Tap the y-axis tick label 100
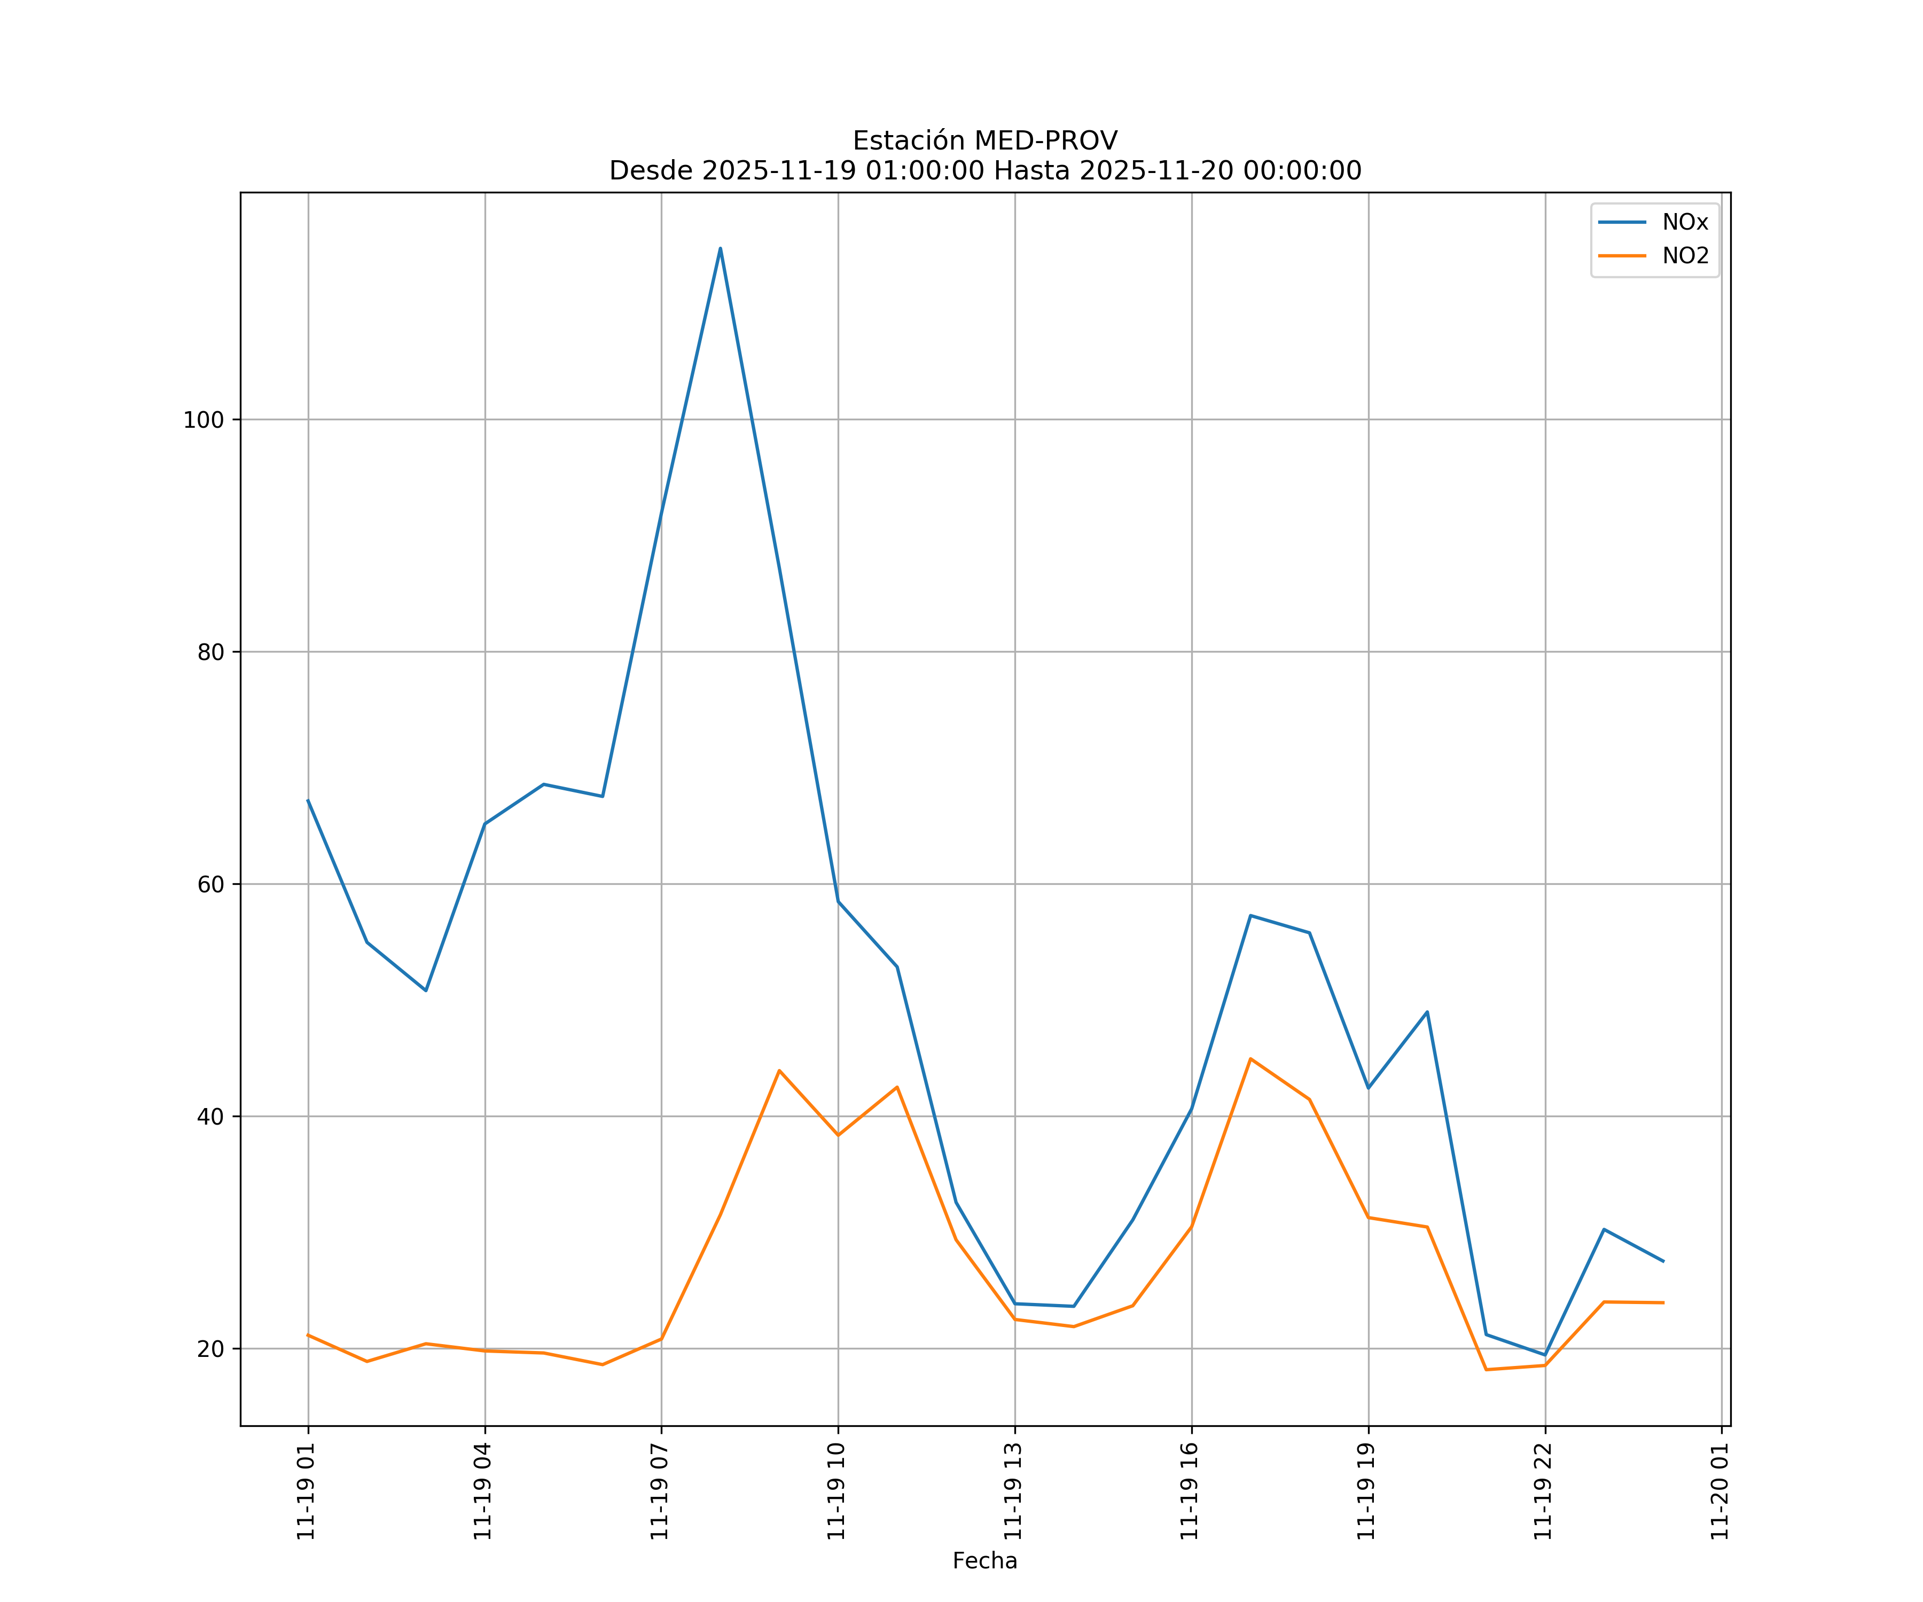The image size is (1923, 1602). pos(204,420)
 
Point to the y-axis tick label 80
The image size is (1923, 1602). pos(210,653)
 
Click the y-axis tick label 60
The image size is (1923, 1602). pos(210,884)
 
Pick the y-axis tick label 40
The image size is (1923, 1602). pos(210,1117)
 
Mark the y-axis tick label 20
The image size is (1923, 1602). pos(210,1349)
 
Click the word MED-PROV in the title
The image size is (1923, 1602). pos(1046,141)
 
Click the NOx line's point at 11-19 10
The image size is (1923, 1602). pos(838,902)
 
